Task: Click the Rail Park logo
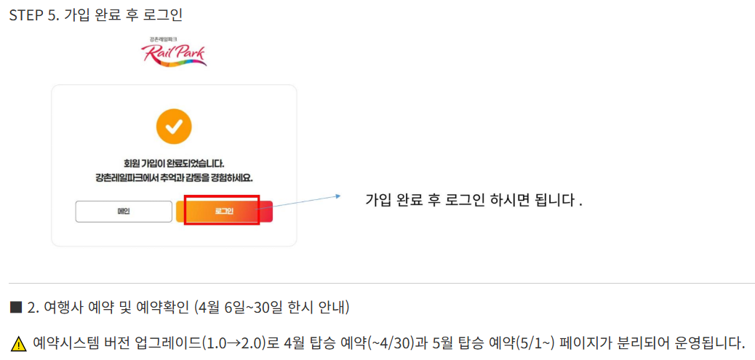tap(173, 52)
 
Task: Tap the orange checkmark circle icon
tap(174, 127)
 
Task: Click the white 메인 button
tap(124, 212)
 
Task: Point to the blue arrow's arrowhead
tap(337, 196)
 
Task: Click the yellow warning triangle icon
tap(19, 343)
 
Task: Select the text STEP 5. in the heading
tap(33, 15)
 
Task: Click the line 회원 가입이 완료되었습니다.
tap(174, 163)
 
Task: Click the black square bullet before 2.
tap(16, 307)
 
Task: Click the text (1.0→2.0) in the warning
tap(233, 343)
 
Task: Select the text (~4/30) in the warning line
tap(391, 343)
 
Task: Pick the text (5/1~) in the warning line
tap(535, 343)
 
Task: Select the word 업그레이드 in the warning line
tap(172, 343)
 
